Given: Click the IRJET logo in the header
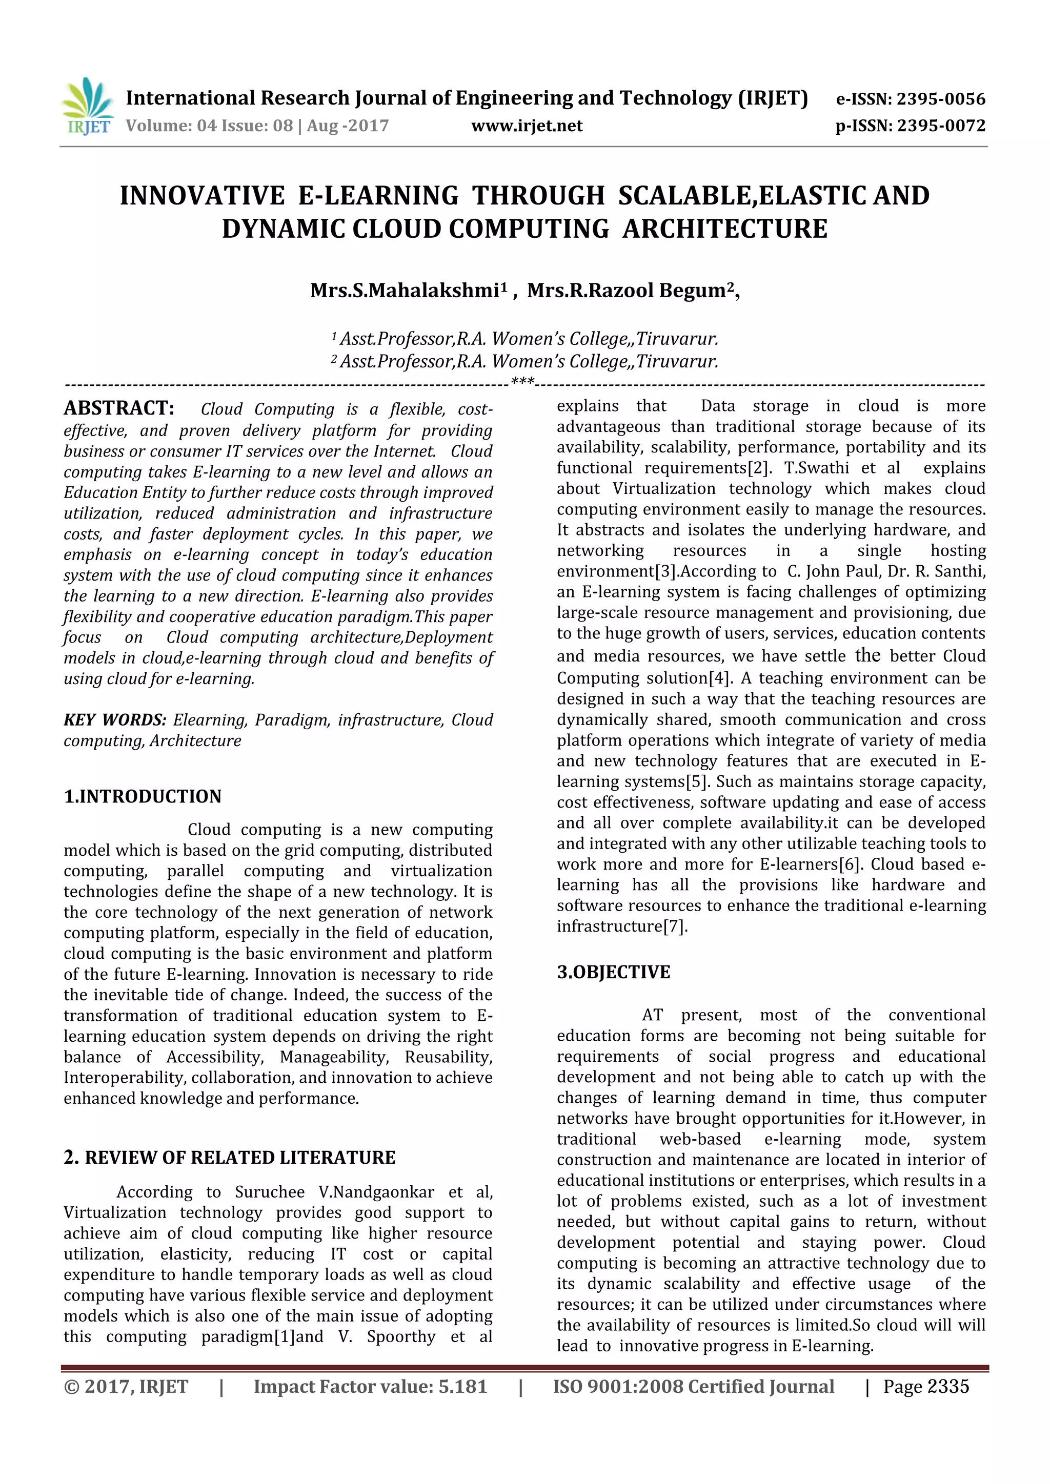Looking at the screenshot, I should (x=87, y=106).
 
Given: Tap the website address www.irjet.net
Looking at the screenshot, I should (x=527, y=126).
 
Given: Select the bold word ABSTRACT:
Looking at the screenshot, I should (x=119, y=408).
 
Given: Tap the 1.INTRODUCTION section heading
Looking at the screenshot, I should (x=142, y=796).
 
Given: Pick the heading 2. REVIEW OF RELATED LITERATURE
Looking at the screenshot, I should (x=230, y=1157).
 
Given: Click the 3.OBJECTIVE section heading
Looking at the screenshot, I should (x=614, y=972).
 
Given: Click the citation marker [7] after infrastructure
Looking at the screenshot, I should (x=675, y=926).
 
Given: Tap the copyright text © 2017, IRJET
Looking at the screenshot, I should (x=126, y=1387).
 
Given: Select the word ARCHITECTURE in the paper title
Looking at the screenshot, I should (x=725, y=229).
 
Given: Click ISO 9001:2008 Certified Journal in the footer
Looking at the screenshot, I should (x=693, y=1387).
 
